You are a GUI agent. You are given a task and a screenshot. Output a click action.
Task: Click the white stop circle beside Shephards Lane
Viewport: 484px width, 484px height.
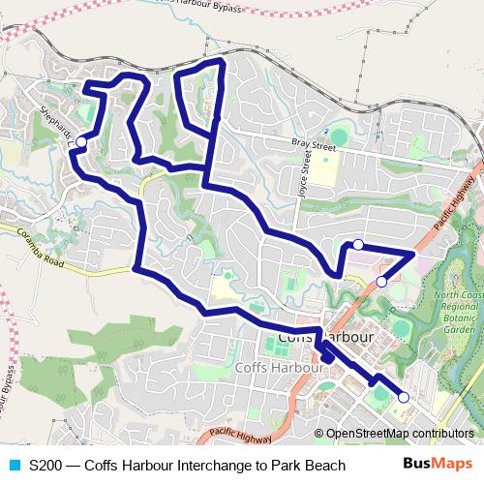pyautogui.click(x=81, y=142)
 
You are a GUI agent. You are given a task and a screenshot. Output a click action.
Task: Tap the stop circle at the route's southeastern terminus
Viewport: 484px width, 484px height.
pyautogui.click(x=403, y=397)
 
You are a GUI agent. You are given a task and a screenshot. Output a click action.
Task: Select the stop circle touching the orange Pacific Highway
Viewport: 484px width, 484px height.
pyautogui.click(x=381, y=281)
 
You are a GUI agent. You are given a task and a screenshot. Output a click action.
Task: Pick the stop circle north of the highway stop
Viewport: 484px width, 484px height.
pyautogui.click(x=358, y=245)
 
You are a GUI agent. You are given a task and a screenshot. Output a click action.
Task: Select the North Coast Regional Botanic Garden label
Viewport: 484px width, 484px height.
pyautogui.click(x=457, y=313)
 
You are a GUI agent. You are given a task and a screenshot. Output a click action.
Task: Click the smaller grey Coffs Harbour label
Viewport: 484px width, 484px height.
pyautogui.click(x=270, y=368)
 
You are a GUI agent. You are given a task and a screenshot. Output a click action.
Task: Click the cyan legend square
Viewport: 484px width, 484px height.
pyautogui.click(x=13, y=466)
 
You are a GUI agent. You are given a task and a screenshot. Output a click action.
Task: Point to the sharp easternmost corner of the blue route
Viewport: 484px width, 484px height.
pyautogui.click(x=414, y=252)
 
